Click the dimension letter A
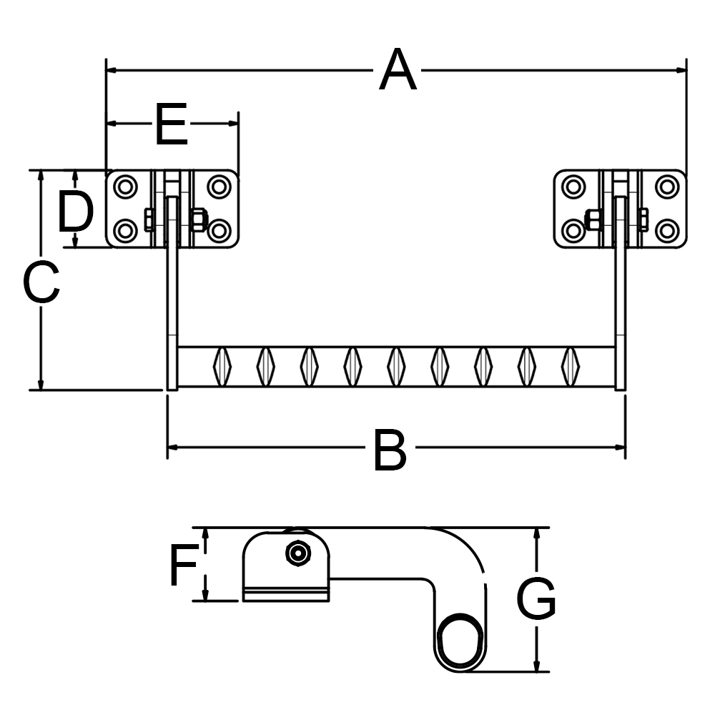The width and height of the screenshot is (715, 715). [398, 70]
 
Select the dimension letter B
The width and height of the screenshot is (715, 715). [390, 450]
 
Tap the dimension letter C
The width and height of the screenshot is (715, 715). [41, 282]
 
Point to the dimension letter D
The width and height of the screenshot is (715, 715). [75, 212]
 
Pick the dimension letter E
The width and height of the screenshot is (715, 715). [171, 124]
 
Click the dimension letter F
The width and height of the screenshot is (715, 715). [183, 565]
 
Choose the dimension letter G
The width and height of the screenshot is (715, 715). [536, 599]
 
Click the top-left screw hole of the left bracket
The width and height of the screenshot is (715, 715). [126, 187]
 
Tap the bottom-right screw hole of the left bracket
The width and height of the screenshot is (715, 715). [218, 231]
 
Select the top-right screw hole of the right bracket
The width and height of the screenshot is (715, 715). [667, 187]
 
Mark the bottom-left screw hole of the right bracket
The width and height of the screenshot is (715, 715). [574, 231]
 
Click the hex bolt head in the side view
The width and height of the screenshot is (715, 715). [296, 553]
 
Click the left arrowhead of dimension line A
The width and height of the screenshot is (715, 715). [112, 70]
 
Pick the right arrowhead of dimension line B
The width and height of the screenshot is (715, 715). [620, 448]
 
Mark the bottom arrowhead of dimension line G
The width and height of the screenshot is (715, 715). [536, 666]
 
